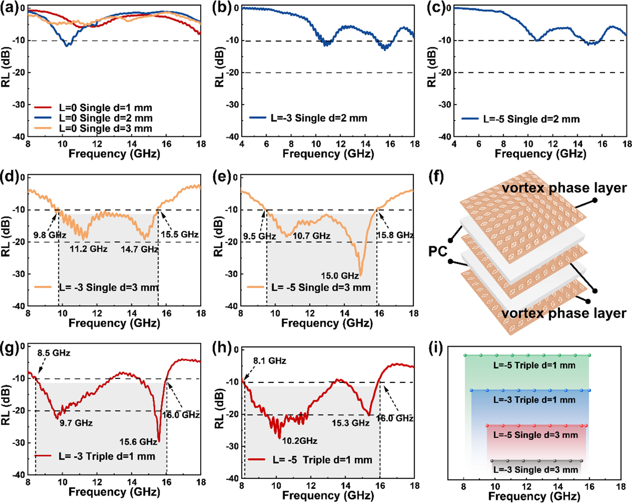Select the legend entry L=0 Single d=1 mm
click(x=105, y=108)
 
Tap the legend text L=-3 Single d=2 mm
click(x=319, y=118)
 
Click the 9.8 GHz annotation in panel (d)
click(x=50, y=235)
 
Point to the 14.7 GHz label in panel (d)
click(x=140, y=249)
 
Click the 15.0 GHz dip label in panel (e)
click(x=340, y=276)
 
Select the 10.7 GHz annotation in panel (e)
click(x=311, y=235)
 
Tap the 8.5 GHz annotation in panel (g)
click(x=54, y=353)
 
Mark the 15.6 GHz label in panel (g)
click(x=138, y=441)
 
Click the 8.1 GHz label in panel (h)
click(x=270, y=360)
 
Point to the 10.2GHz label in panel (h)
click(x=300, y=441)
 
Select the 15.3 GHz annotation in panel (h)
click(x=351, y=423)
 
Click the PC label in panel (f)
click(x=438, y=251)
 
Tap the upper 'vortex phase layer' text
click(x=564, y=188)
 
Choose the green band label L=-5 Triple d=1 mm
click(x=534, y=365)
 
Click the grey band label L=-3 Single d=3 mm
click(x=536, y=470)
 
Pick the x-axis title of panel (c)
click(x=540, y=154)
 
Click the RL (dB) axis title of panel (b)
click(x=220, y=68)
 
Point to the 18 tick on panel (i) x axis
click(x=621, y=487)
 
